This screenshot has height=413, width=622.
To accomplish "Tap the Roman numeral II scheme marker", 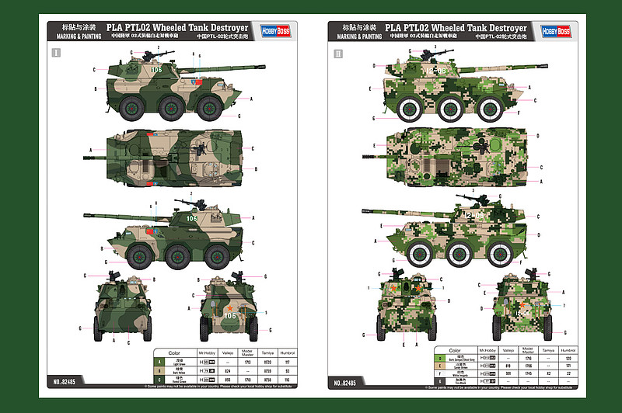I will click(337, 54).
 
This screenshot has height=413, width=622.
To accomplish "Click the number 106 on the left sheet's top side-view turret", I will click(157, 70).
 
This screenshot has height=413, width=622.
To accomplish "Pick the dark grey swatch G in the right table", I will click(440, 380).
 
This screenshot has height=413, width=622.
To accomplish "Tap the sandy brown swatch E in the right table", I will click(440, 365).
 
